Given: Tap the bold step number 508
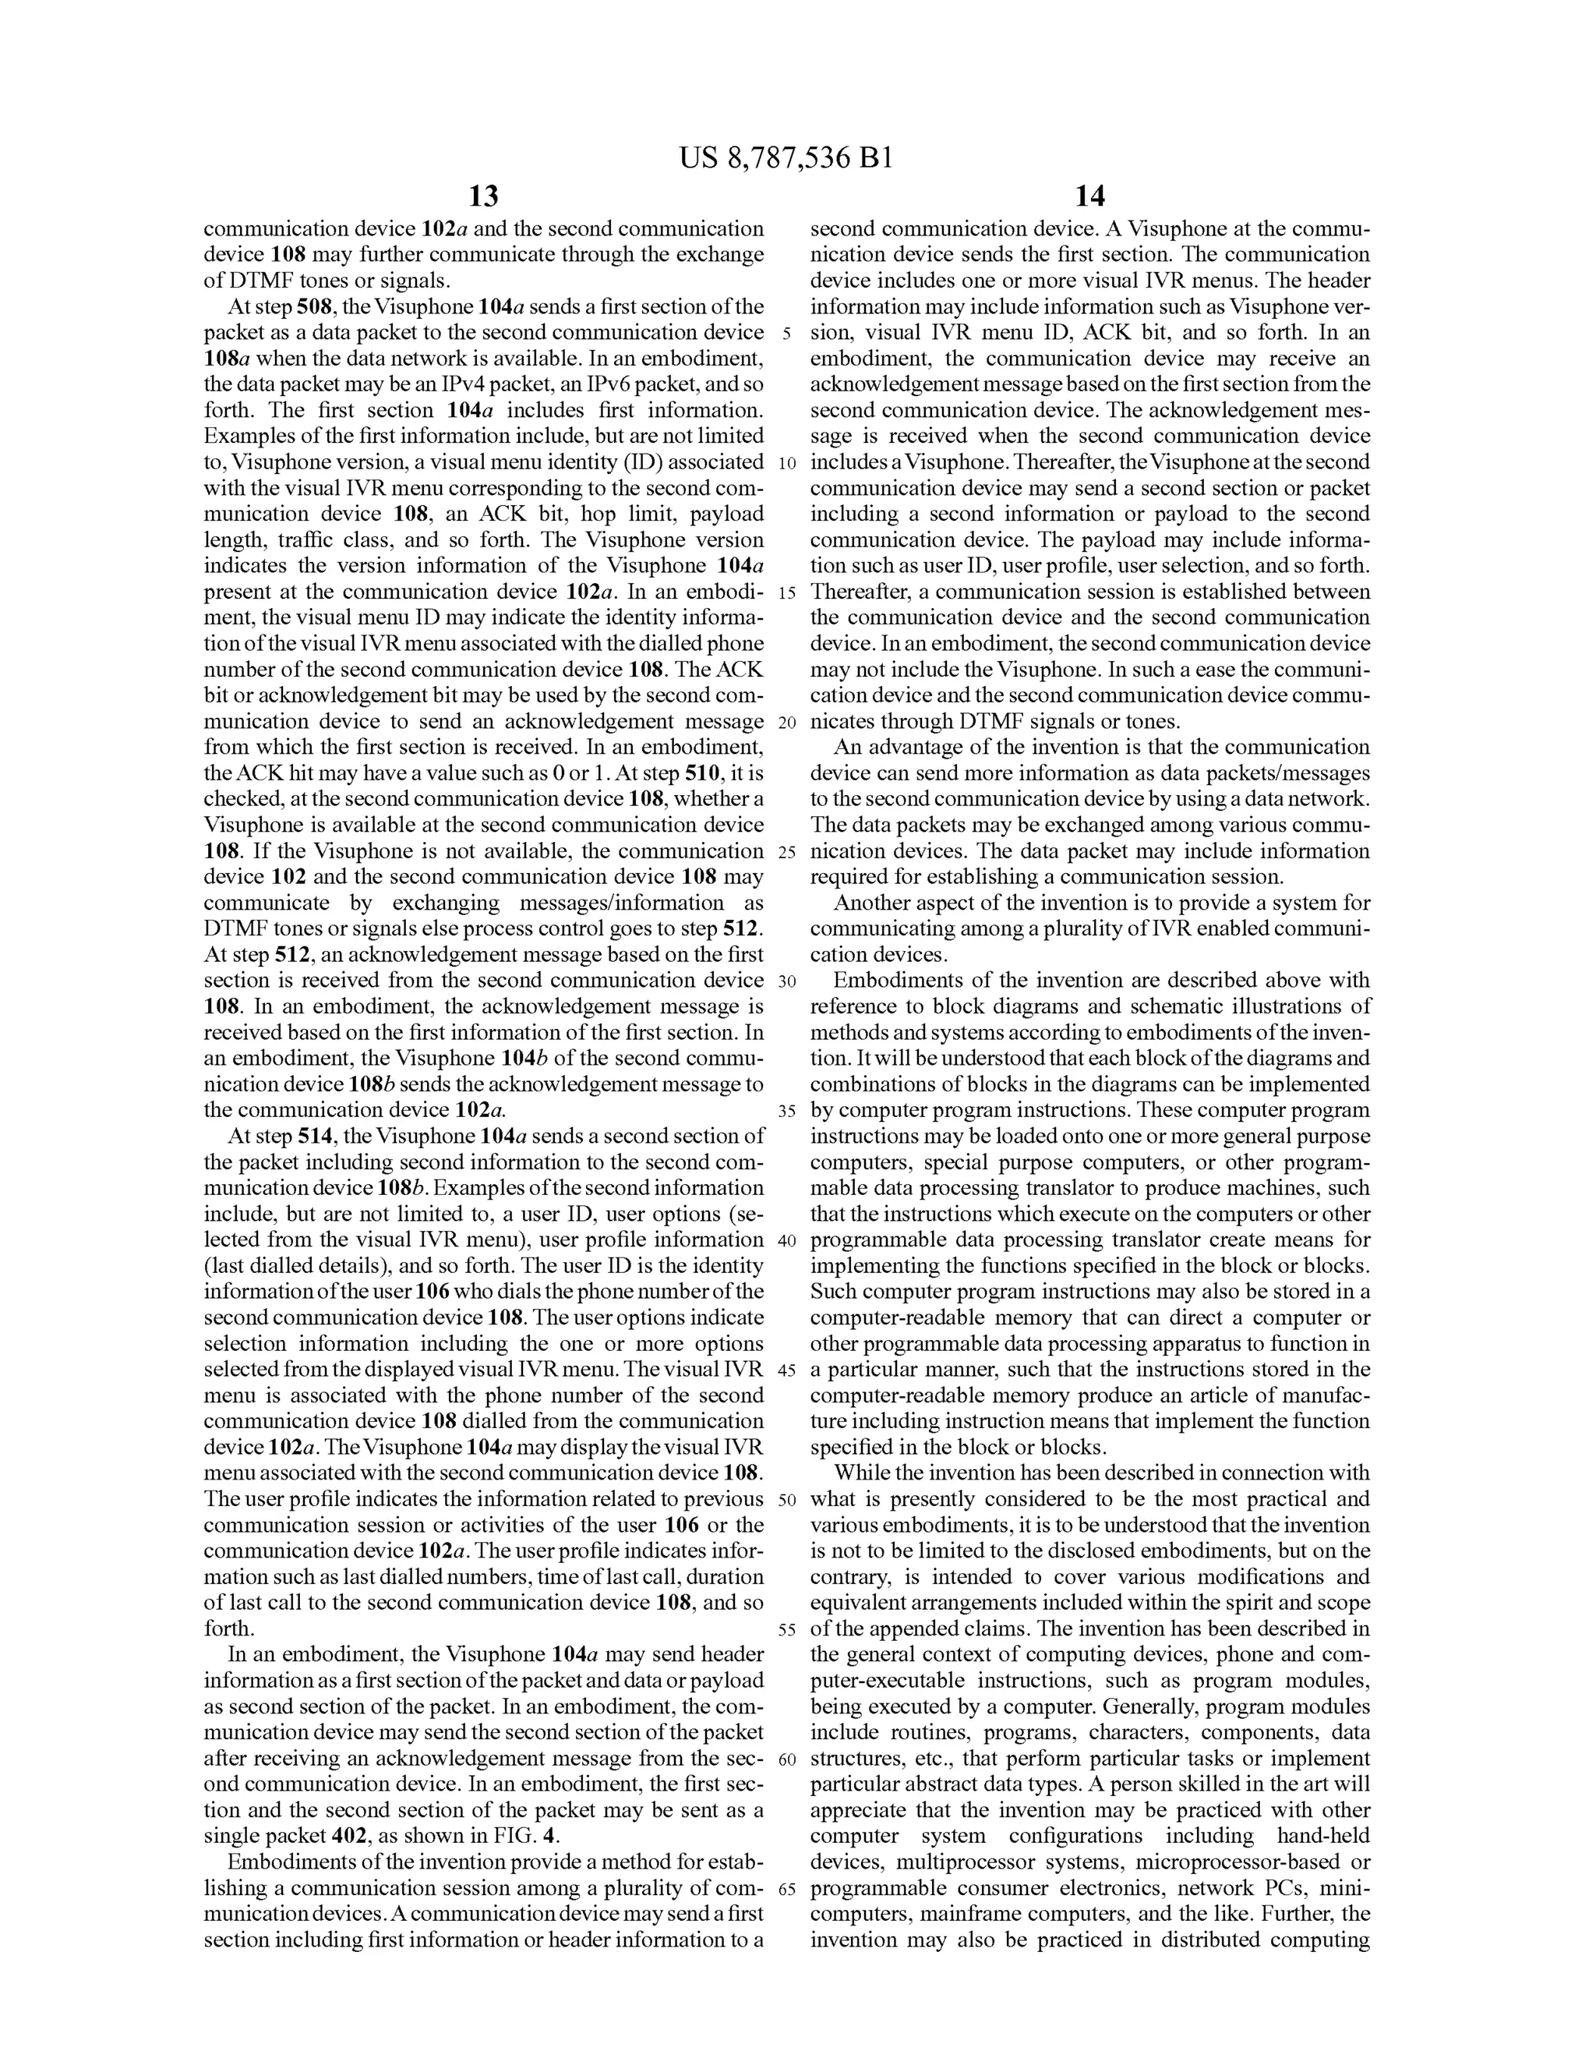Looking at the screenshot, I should (x=315, y=307).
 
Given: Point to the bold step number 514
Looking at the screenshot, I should (x=316, y=1137).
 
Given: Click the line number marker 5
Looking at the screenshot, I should (x=786, y=334).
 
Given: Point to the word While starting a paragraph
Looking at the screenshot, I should (x=861, y=1474).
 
